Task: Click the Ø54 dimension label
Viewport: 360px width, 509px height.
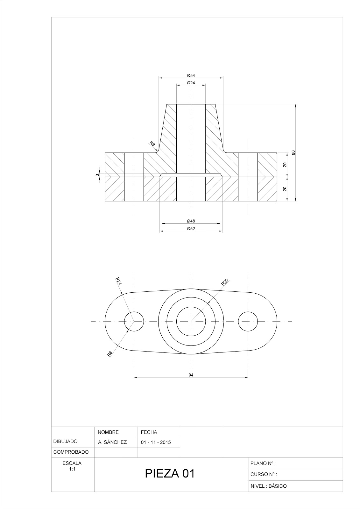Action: [191, 75]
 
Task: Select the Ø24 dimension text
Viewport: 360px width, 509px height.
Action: [191, 83]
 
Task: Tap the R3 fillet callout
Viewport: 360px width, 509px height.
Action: [153, 144]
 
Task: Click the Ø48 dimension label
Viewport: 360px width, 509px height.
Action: [191, 221]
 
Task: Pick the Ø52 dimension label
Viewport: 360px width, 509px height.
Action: [191, 229]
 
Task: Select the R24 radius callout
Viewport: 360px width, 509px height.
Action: [118, 281]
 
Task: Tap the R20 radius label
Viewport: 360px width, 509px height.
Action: [225, 282]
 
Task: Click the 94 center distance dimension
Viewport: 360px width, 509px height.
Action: [191, 375]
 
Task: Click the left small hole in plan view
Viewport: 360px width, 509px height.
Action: [134, 321]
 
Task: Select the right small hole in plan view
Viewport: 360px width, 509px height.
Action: [248, 321]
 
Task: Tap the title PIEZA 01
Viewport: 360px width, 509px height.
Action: [169, 474]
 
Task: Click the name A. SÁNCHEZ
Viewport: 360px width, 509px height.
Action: [112, 442]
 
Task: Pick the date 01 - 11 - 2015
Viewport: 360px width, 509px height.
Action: [156, 442]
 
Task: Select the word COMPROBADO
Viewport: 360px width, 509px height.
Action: [71, 452]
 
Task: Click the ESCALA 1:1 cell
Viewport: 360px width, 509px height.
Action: [73, 466]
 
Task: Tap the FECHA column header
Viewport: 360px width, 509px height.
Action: [149, 432]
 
